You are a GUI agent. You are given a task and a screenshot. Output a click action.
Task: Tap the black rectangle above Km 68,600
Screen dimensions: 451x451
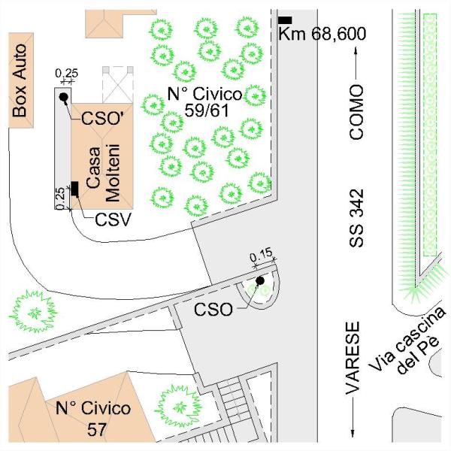point(285,20)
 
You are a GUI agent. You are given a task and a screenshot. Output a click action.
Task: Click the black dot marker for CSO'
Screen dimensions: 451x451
point(64,98)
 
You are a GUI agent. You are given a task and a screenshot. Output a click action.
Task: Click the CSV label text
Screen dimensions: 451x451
point(114,220)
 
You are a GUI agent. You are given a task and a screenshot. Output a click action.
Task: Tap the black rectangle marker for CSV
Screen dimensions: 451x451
point(76,189)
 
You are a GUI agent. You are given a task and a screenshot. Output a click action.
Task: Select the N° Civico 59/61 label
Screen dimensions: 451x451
point(204,102)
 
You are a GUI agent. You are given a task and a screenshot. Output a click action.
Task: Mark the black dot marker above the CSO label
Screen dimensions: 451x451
point(260,282)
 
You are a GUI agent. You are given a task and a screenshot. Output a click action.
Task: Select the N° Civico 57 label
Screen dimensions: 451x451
point(93,419)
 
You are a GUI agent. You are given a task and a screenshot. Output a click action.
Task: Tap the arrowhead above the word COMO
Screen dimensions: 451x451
point(356,53)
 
